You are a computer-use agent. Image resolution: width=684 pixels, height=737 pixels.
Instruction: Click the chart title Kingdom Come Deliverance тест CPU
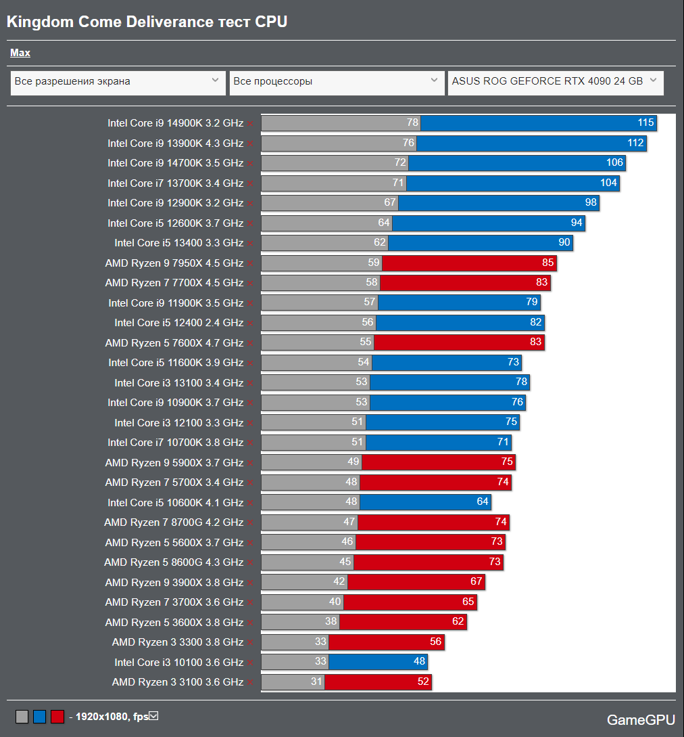pos(147,22)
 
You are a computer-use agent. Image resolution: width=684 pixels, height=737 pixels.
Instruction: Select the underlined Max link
pos(20,53)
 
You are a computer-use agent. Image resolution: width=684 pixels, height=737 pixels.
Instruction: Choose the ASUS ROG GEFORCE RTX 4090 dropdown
pos(555,82)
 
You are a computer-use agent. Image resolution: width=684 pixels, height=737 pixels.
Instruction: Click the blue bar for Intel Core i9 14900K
pos(538,123)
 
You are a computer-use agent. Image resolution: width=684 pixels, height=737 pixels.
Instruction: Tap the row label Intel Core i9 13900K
pos(175,143)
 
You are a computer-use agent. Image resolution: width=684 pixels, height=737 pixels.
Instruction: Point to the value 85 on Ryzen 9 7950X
pos(547,263)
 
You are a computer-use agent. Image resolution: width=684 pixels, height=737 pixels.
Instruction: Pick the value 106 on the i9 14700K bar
pos(614,163)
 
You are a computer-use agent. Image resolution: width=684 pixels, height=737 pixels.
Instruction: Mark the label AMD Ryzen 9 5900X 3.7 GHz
pos(174,463)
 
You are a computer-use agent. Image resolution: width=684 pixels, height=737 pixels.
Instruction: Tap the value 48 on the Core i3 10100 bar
pos(419,662)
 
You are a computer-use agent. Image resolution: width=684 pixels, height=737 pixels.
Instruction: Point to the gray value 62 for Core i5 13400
pos(379,243)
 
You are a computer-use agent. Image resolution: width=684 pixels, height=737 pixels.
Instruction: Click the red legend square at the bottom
pos(57,717)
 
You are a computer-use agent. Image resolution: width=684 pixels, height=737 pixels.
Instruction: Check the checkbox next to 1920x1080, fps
pos(153,716)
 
